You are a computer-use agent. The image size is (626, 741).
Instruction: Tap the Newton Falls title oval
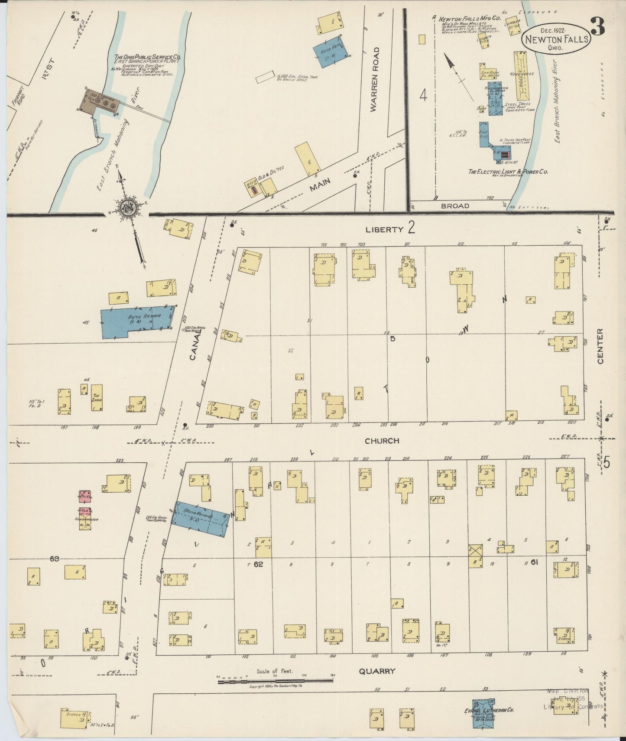[556, 39]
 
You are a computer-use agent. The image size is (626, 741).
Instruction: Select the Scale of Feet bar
[275, 682]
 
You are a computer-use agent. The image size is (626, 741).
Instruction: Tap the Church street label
[382, 441]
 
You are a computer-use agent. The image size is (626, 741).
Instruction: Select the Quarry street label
[377, 671]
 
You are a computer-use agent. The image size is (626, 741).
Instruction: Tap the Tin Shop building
[97, 397]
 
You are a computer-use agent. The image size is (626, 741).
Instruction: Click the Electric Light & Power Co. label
[508, 172]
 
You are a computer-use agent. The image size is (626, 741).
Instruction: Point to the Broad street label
[455, 206]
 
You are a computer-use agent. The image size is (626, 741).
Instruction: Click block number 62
[259, 564]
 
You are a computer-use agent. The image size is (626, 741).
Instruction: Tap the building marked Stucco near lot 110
[564, 635]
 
